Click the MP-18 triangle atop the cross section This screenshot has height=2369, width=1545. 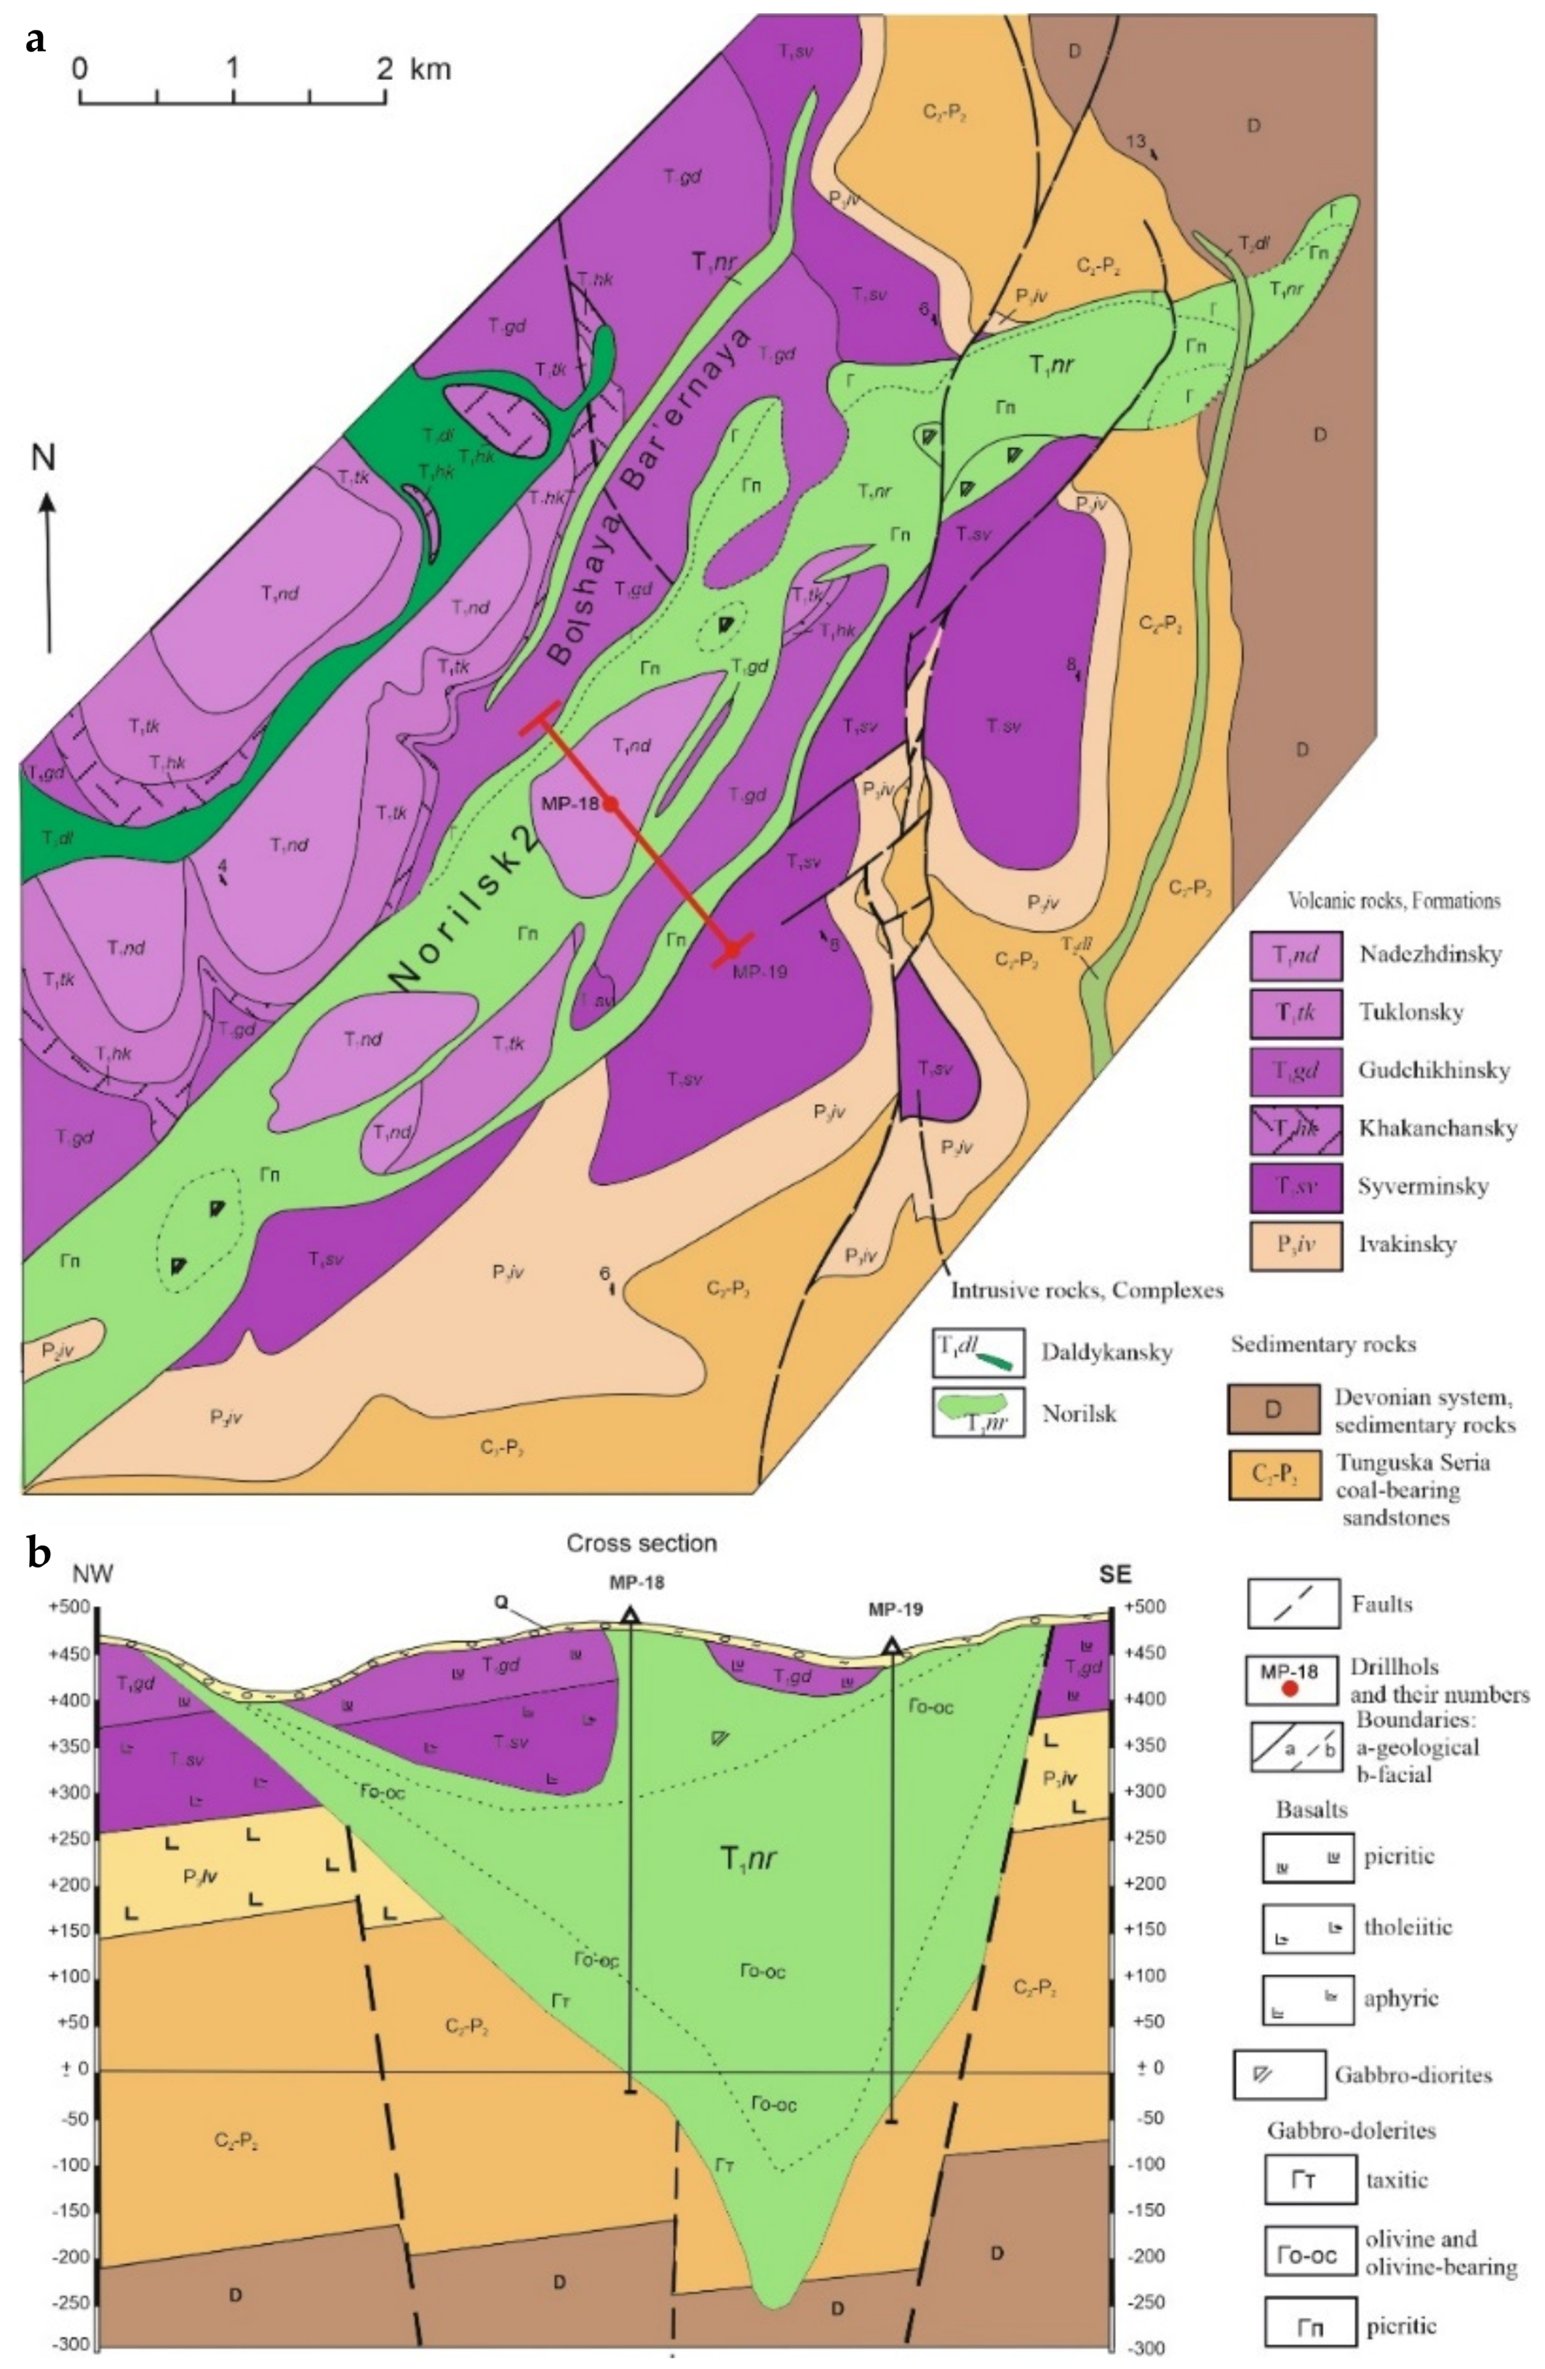[x=630, y=1615]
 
